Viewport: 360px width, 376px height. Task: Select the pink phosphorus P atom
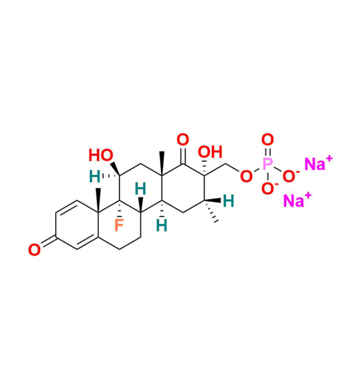pos(267,163)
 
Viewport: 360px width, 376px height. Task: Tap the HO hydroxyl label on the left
pos(101,156)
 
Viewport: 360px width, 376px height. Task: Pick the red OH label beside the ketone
pos(210,153)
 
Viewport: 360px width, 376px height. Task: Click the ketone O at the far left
pos(35,248)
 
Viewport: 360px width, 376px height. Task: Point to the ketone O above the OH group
pos(182,140)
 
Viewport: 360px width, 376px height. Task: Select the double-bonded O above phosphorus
pos(268,141)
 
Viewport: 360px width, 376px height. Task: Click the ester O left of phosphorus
pos(245,176)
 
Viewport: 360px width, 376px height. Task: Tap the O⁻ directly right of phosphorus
pos(290,175)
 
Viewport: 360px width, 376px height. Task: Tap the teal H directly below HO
pos(95,177)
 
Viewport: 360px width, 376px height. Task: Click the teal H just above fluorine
pos(140,189)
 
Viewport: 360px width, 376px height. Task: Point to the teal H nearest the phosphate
pos(228,201)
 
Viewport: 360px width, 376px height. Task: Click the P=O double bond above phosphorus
pos(268,152)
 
